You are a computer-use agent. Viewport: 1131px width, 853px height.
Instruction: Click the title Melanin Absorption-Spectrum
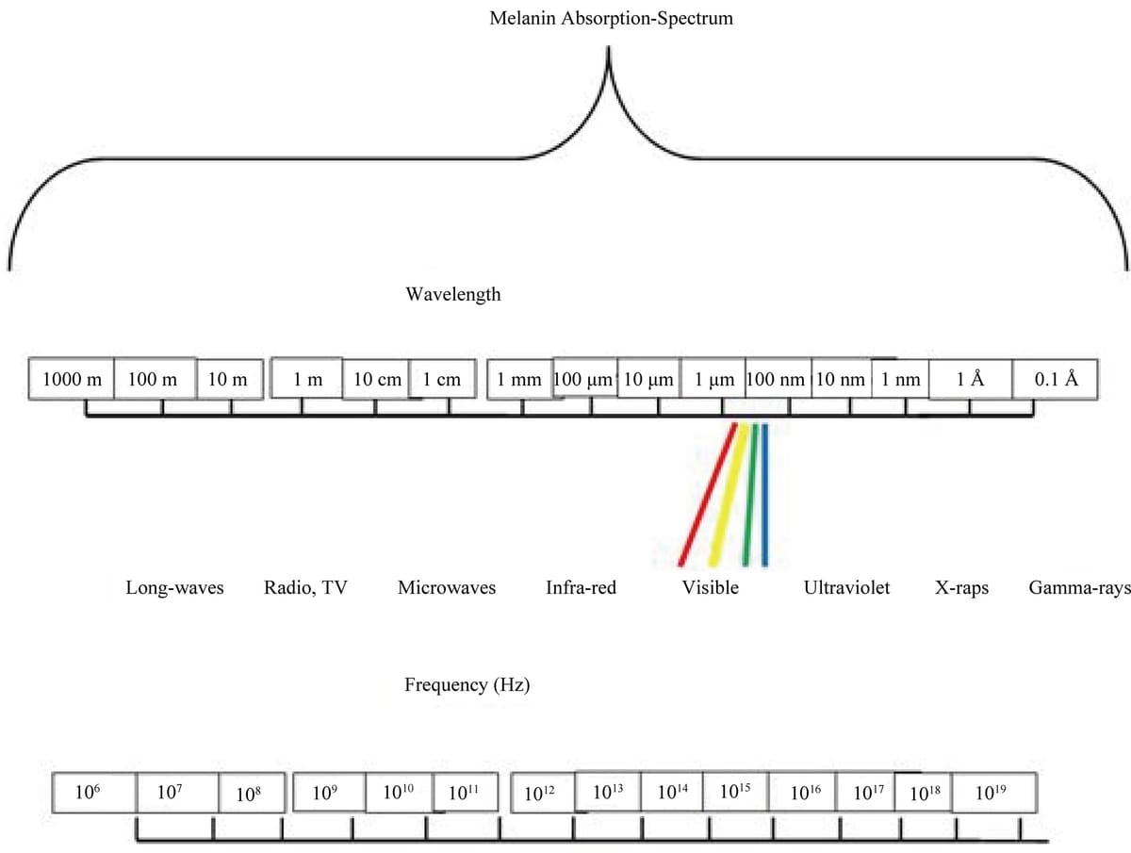pos(611,18)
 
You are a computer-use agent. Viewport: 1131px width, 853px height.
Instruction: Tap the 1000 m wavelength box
pos(72,380)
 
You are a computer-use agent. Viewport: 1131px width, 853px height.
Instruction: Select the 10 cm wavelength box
pos(377,380)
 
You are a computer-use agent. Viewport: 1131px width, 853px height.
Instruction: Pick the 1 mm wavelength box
pos(519,380)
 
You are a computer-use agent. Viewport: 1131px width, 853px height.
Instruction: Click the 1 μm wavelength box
pos(713,380)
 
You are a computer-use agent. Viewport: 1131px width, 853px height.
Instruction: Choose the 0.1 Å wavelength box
pos(1056,380)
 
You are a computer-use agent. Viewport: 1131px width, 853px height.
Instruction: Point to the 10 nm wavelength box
pos(841,380)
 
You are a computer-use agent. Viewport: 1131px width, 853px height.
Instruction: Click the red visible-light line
pos(707,495)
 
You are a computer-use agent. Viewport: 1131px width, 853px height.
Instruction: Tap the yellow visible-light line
pos(728,495)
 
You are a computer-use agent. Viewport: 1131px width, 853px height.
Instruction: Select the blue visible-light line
pos(764,495)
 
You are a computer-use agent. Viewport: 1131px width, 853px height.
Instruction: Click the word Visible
pos(711,588)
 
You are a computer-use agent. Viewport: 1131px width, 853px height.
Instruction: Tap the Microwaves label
pos(447,588)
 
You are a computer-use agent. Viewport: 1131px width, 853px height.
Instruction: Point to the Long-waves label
pos(175,588)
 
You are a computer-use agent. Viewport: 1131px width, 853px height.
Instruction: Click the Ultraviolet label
pos(846,588)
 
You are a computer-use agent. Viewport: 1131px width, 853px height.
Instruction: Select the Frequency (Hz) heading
pos(467,685)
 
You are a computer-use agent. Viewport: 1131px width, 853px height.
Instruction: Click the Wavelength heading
pos(453,294)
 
